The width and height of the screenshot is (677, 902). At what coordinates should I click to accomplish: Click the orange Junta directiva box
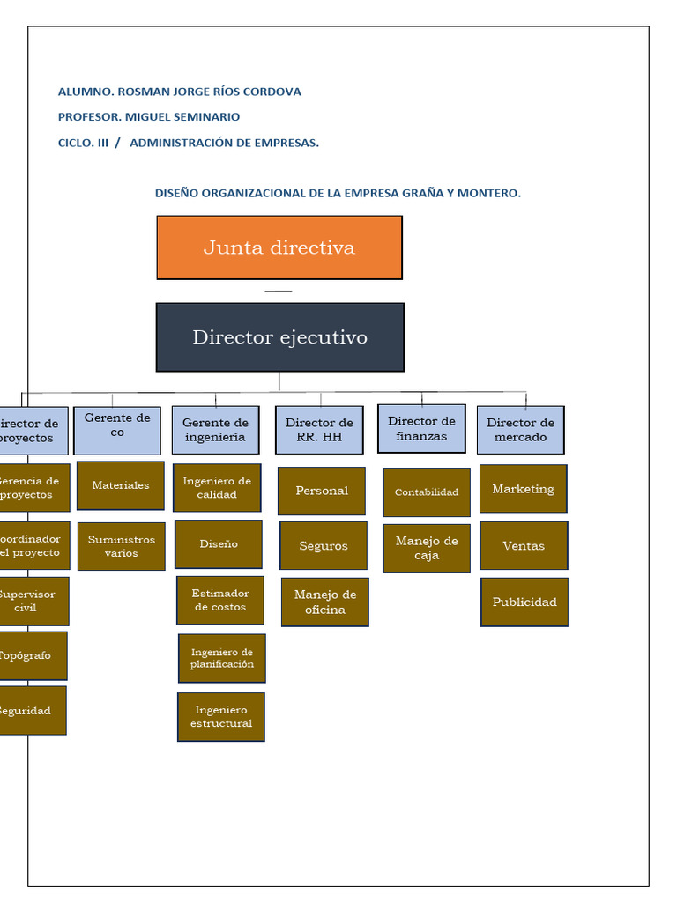coord(279,248)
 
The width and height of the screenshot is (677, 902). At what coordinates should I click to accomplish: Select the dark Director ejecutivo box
coord(279,337)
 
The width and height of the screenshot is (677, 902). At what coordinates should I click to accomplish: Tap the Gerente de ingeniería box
coord(215,430)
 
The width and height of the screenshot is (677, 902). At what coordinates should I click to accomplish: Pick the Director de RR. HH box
coord(319,430)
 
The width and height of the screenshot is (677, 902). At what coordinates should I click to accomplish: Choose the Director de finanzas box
coord(421,429)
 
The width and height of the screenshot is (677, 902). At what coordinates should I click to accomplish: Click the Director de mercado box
coord(520,430)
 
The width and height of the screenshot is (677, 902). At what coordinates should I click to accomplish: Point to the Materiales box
coord(121,485)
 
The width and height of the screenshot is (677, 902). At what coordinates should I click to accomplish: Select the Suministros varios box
coord(121,546)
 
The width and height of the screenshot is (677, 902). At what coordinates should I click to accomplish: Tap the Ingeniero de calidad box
coord(217,488)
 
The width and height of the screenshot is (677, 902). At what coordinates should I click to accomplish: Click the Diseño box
coord(219,544)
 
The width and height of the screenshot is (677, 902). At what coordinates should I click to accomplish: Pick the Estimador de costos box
coord(220,600)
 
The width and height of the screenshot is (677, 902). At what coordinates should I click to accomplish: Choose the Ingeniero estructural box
coord(221,717)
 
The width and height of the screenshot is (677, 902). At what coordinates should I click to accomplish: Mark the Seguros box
coord(324,546)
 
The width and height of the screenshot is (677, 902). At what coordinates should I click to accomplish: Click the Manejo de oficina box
coord(325,603)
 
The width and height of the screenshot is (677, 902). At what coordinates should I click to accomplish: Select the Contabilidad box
coord(427,492)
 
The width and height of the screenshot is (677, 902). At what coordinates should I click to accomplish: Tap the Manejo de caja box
coord(427,548)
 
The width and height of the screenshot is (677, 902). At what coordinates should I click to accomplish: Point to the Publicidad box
coord(524,603)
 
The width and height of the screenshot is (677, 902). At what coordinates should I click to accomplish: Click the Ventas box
coord(524,546)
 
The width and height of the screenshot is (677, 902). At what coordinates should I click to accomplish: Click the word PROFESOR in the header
coord(88,117)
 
